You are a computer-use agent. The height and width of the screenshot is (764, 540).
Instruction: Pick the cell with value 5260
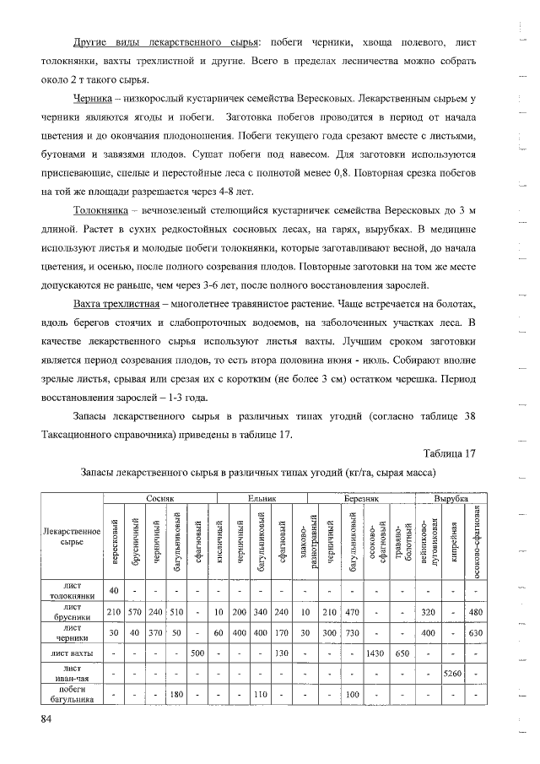point(454,673)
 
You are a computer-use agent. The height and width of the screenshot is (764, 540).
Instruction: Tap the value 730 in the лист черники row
point(353,632)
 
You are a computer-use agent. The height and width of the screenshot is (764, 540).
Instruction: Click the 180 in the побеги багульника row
point(176,694)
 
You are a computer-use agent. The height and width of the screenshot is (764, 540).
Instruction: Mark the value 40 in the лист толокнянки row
point(113,589)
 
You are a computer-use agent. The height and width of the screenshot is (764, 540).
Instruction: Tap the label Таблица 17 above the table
point(448,453)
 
